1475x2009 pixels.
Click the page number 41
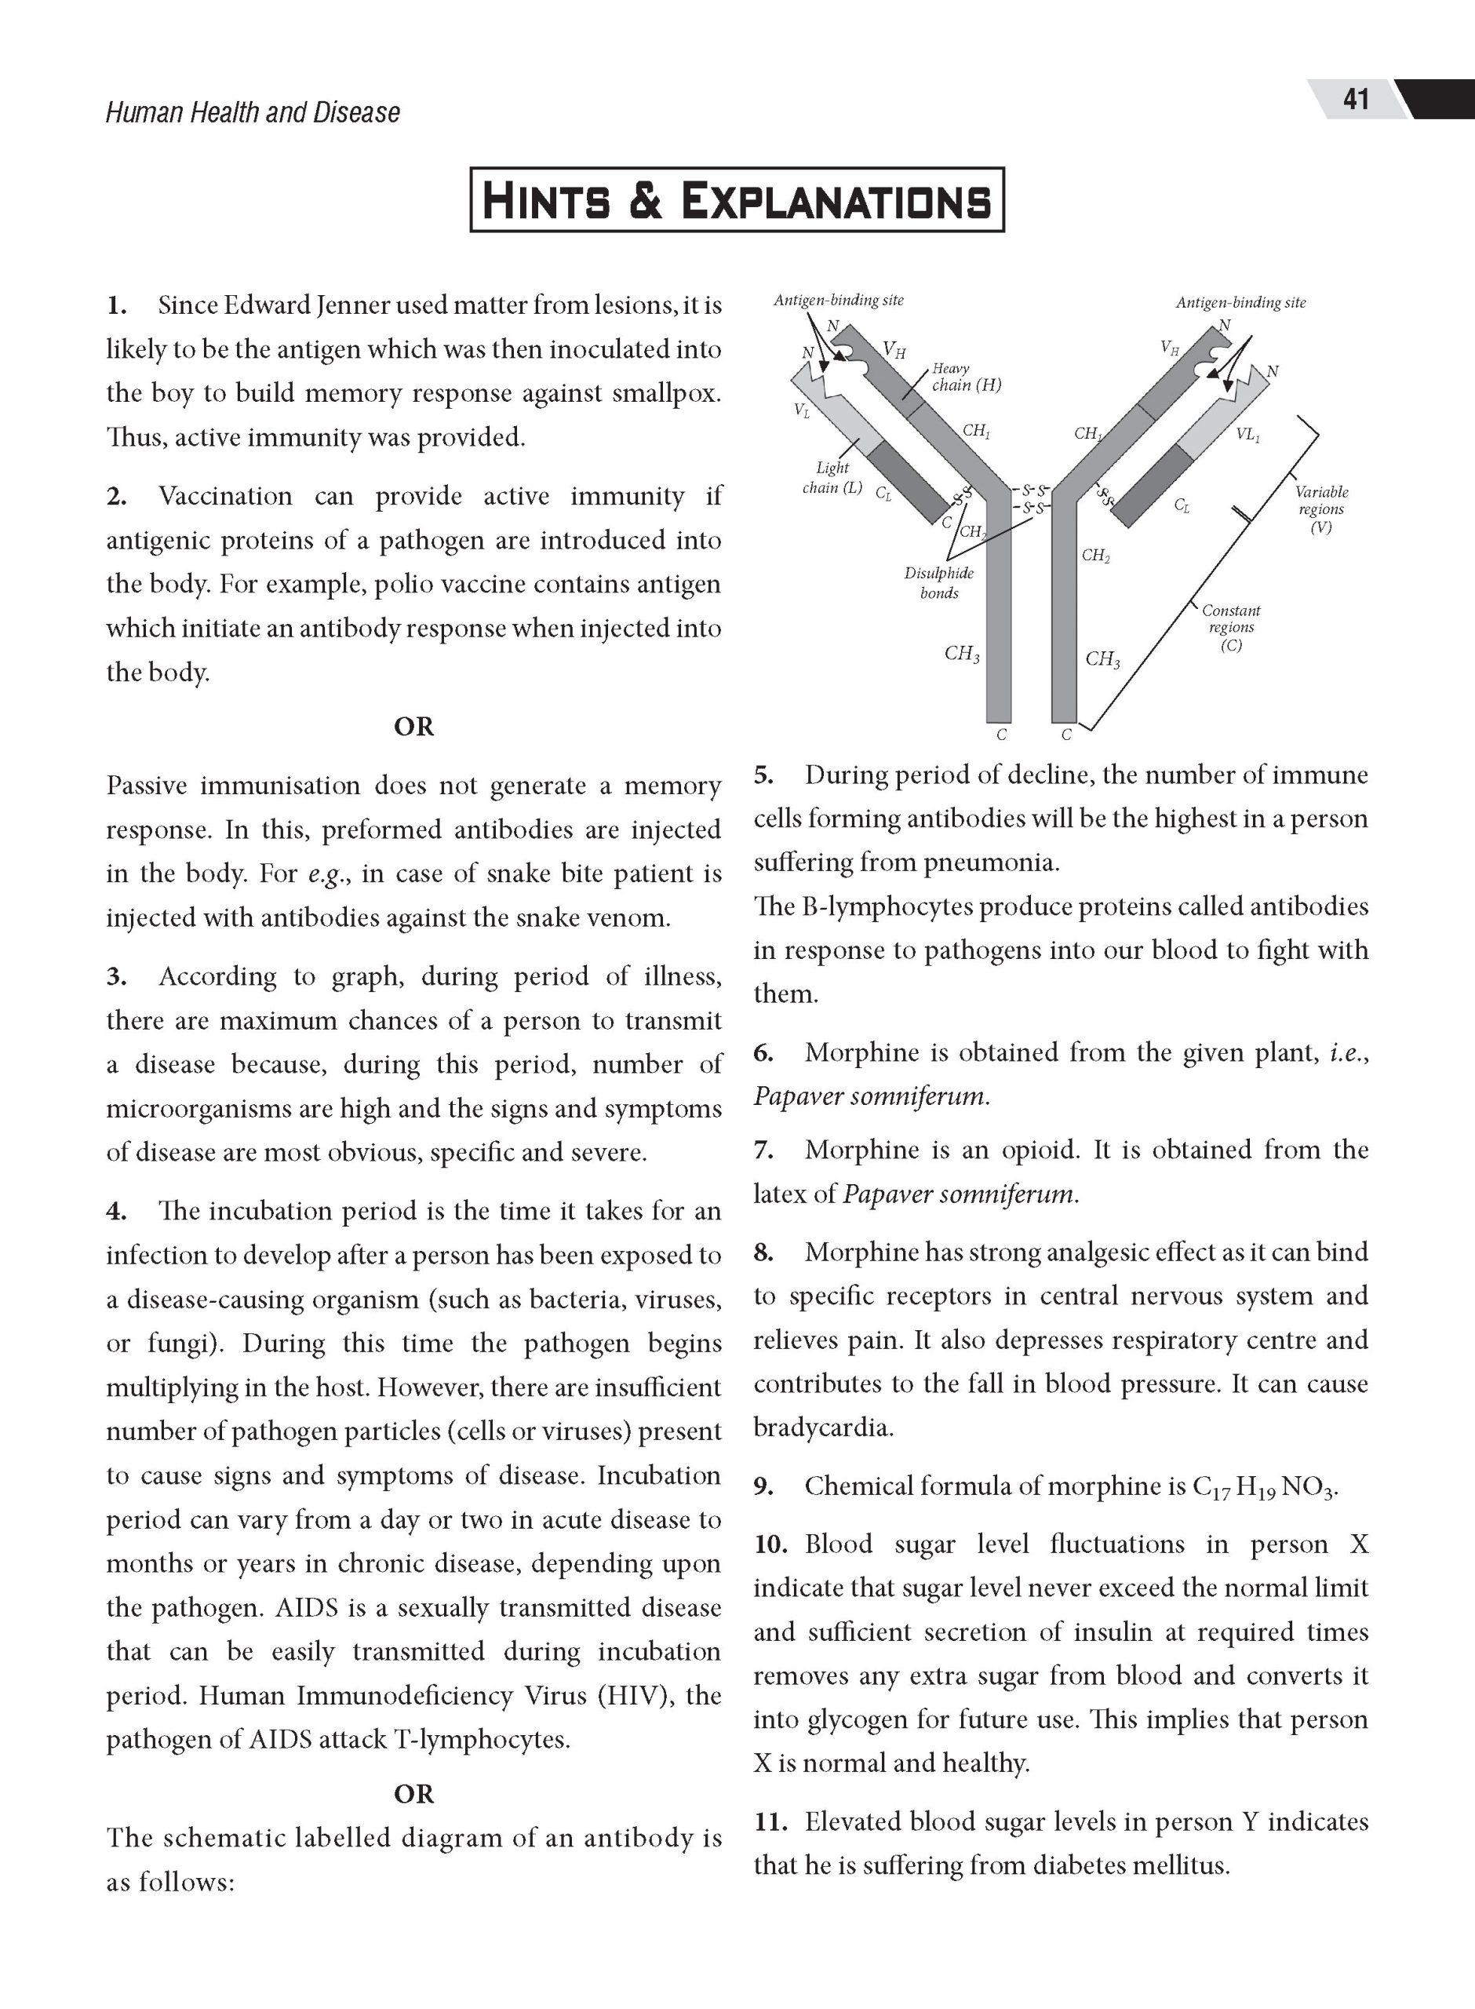pyautogui.click(x=1356, y=99)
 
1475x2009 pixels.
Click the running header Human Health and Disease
pyautogui.click(x=253, y=112)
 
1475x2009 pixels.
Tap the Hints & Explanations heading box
pyautogui.click(x=737, y=200)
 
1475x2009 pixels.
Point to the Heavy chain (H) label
pyautogui.click(x=965, y=377)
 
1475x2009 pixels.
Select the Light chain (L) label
pyautogui.click(x=832, y=478)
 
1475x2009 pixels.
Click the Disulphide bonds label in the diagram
pyautogui.click(x=938, y=583)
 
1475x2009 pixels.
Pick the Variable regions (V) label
pyautogui.click(x=1320, y=509)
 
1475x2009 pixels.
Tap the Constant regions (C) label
pyautogui.click(x=1230, y=628)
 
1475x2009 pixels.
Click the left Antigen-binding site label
pyautogui.click(x=839, y=301)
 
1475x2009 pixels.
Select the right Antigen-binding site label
pyautogui.click(x=1240, y=303)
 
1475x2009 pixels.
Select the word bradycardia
pyautogui.click(x=823, y=1427)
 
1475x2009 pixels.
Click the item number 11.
pyautogui.click(x=769, y=1821)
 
